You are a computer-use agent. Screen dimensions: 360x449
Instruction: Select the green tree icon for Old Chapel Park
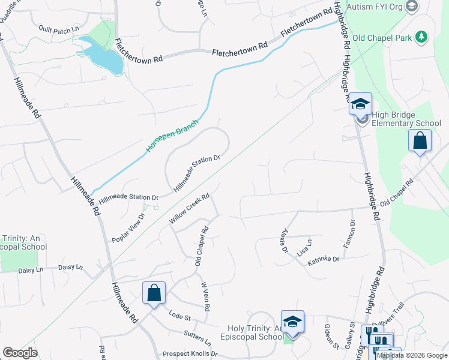[x=422, y=37]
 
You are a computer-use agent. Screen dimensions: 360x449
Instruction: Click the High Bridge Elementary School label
[x=406, y=119]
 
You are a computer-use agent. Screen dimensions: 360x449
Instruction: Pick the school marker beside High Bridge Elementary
[x=360, y=104]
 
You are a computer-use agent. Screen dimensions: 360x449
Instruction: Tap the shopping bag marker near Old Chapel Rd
[x=420, y=142]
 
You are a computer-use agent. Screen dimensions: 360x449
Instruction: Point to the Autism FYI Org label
[x=375, y=7]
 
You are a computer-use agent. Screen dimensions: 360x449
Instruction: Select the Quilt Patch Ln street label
[x=59, y=29]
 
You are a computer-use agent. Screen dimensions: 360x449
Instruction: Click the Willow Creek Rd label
[x=188, y=208]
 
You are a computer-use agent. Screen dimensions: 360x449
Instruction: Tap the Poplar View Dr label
[x=128, y=229]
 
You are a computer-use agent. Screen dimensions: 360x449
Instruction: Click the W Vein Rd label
[x=205, y=296]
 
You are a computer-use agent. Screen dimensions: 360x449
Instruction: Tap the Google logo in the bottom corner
[x=20, y=353]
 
